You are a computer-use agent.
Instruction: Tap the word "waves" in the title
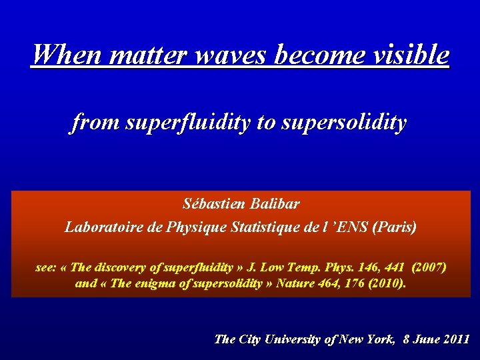point(223,55)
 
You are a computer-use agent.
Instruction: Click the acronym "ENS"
point(350,227)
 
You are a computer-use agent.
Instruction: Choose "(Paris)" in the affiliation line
point(395,227)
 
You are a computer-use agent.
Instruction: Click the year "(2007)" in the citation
point(429,267)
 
